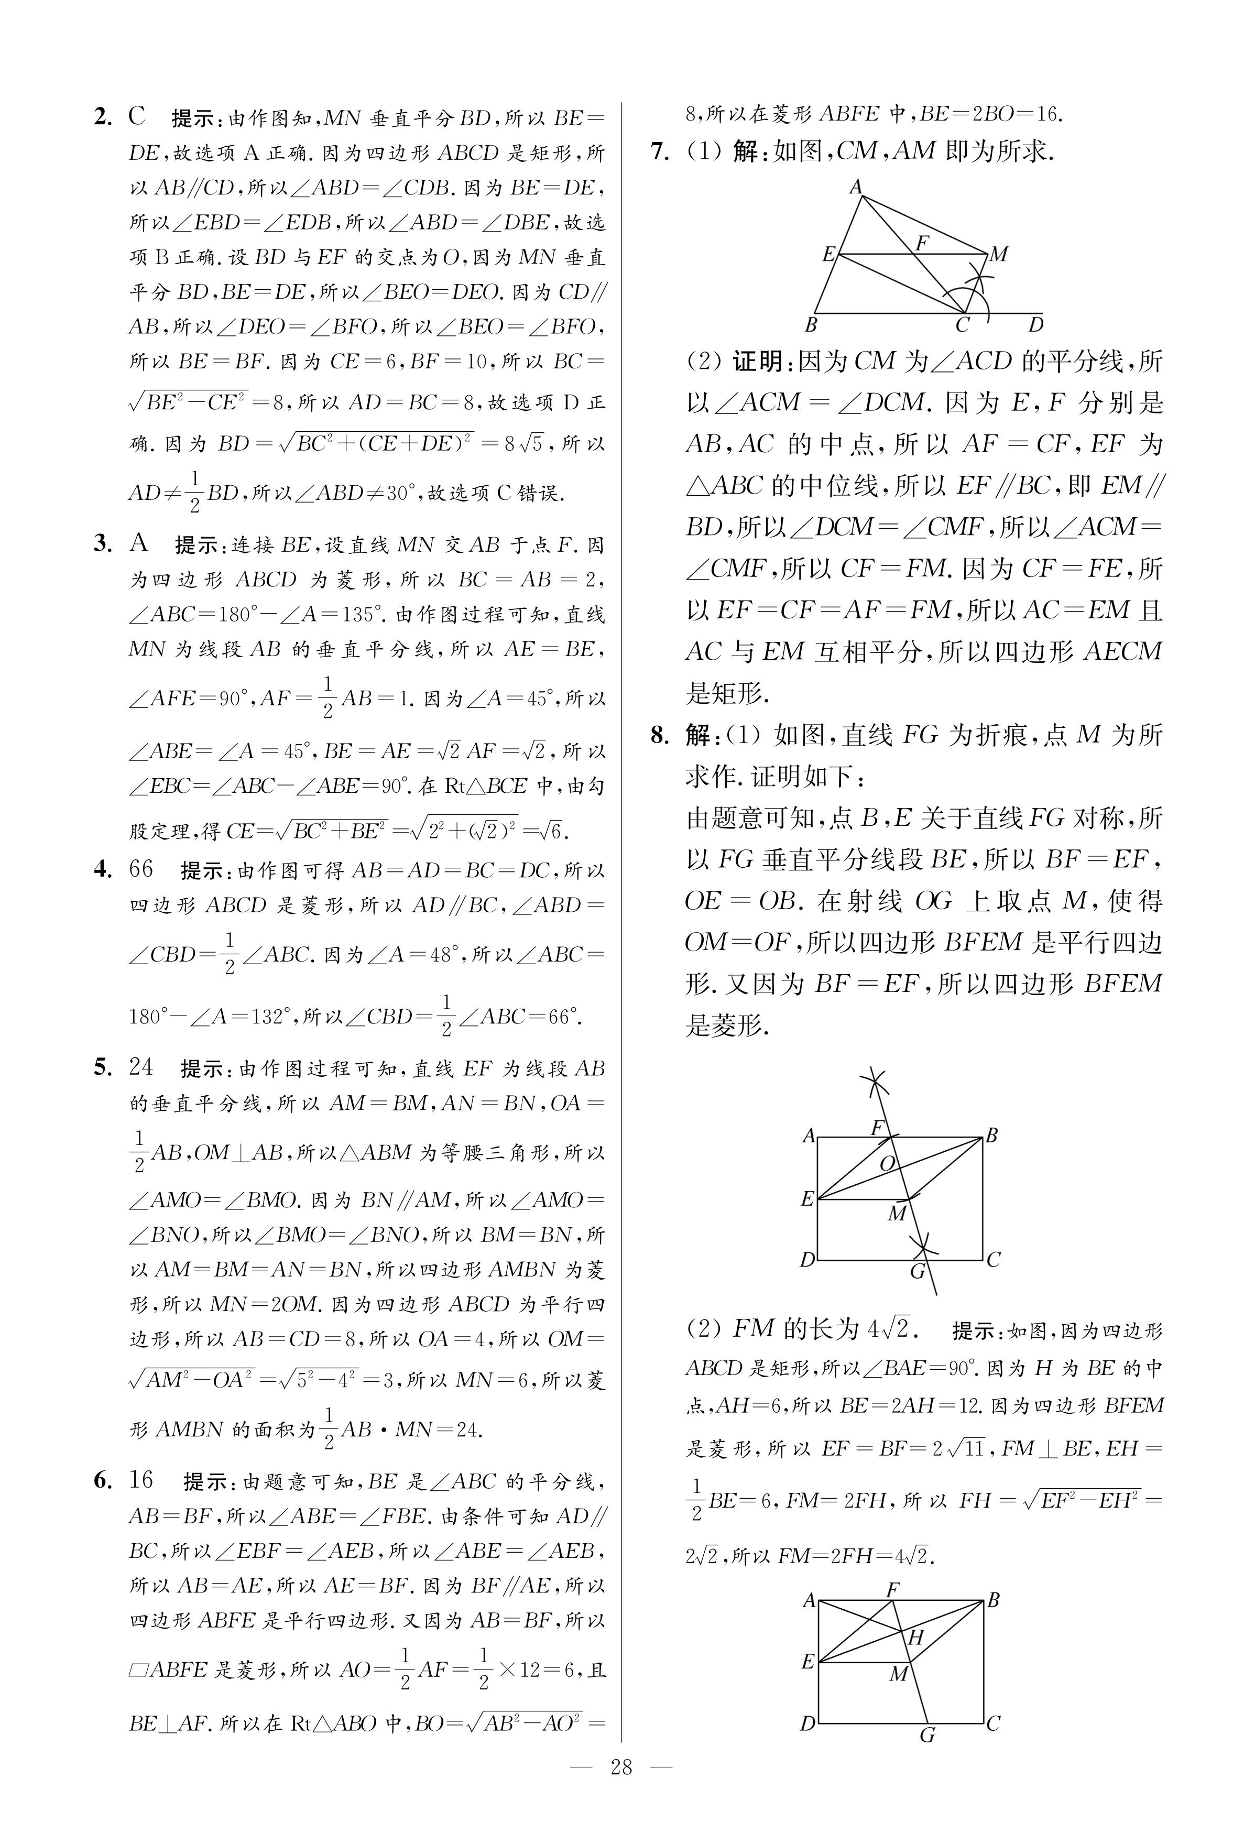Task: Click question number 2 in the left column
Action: (x=103, y=117)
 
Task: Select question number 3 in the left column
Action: (x=103, y=543)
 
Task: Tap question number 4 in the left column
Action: (x=103, y=869)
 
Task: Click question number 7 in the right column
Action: (x=660, y=151)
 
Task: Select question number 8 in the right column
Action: (x=660, y=735)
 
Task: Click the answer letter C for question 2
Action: (x=137, y=117)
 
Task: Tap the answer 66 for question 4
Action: (x=140, y=869)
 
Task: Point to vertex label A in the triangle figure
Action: (x=856, y=187)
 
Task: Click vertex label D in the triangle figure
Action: (x=1035, y=324)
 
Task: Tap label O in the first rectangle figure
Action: (x=888, y=1163)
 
